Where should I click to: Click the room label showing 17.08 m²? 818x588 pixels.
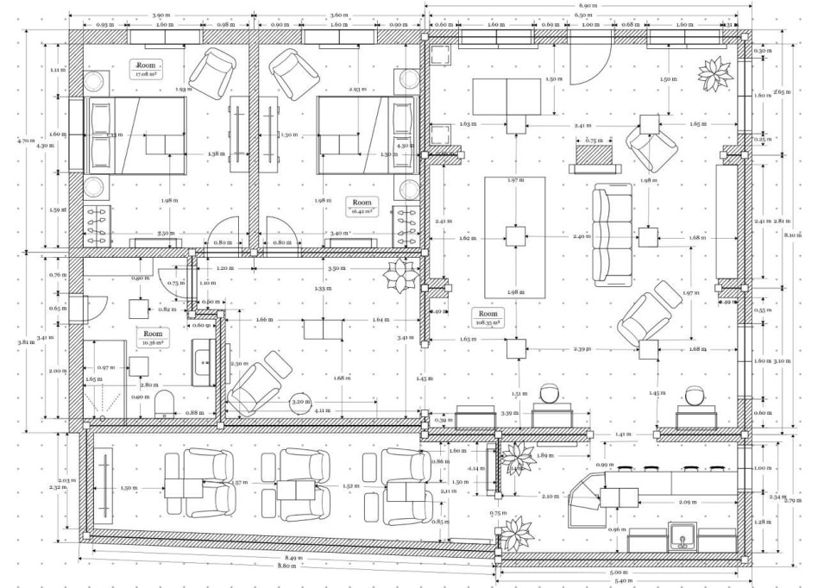[144, 69]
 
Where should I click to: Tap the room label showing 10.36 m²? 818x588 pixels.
[152, 337]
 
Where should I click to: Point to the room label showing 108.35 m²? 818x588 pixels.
[488, 318]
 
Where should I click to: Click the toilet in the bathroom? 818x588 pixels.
[165, 403]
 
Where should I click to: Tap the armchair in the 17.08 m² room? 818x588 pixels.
[214, 70]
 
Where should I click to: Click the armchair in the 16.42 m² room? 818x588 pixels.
[294, 70]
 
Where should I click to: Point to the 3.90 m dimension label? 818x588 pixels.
[160, 16]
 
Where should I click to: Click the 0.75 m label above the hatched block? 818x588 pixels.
[594, 140]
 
